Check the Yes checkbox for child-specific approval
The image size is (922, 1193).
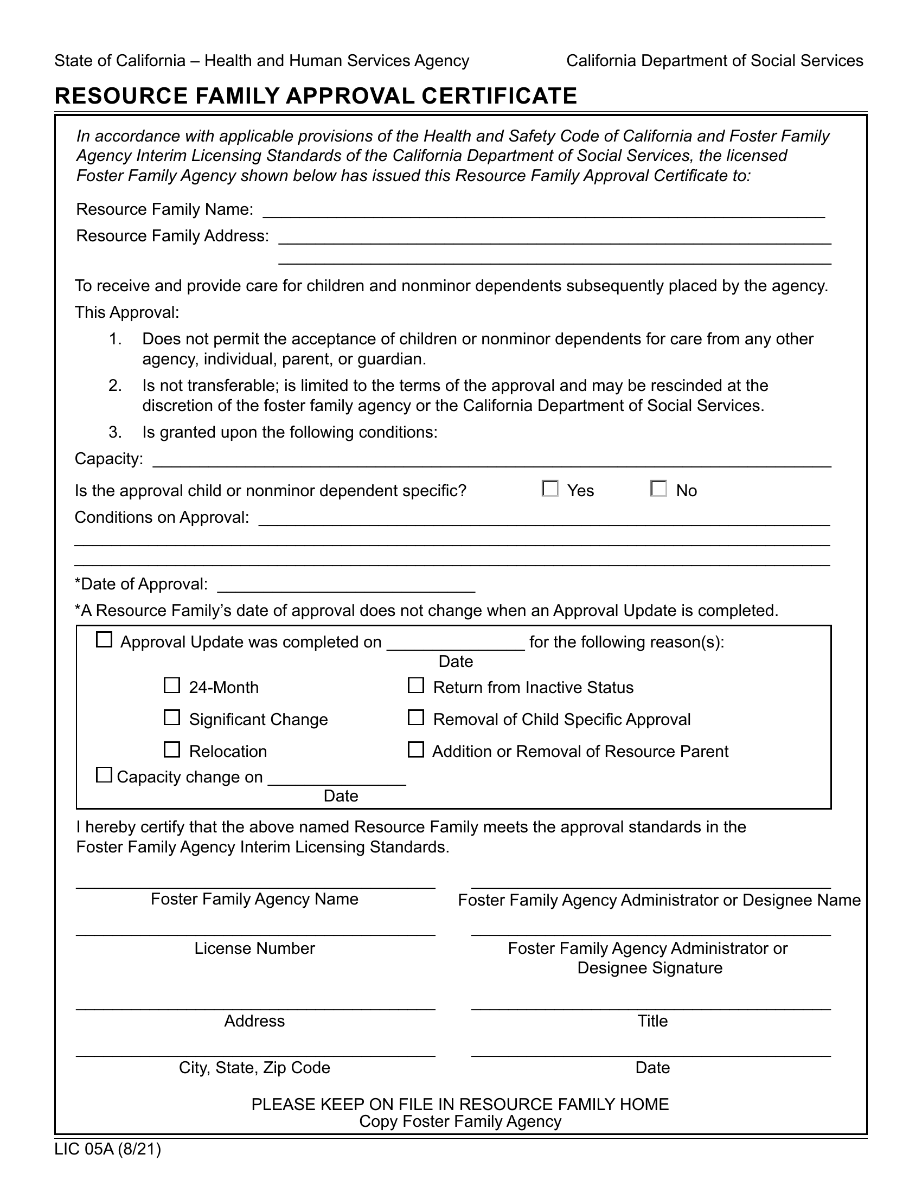[x=550, y=489]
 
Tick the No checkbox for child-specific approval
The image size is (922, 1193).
[x=659, y=489]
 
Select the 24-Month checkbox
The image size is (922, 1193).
[x=172, y=685]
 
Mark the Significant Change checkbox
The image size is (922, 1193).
[x=172, y=718]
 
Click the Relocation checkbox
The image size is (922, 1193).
[x=172, y=750]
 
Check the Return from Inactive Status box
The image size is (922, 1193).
[x=416, y=685]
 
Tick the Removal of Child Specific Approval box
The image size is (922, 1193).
[x=416, y=718]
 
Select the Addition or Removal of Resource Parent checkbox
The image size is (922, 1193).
[x=416, y=750]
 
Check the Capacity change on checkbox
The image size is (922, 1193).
[x=104, y=775]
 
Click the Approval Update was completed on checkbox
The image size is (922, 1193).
[x=104, y=640]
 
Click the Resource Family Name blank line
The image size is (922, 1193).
[x=543, y=212]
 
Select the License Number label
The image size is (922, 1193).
[x=254, y=948]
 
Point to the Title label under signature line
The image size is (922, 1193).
[x=652, y=1021]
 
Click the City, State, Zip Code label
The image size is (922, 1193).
[x=254, y=1067]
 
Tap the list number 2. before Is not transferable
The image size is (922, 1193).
[x=114, y=386]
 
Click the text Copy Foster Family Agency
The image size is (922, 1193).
[x=460, y=1121]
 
